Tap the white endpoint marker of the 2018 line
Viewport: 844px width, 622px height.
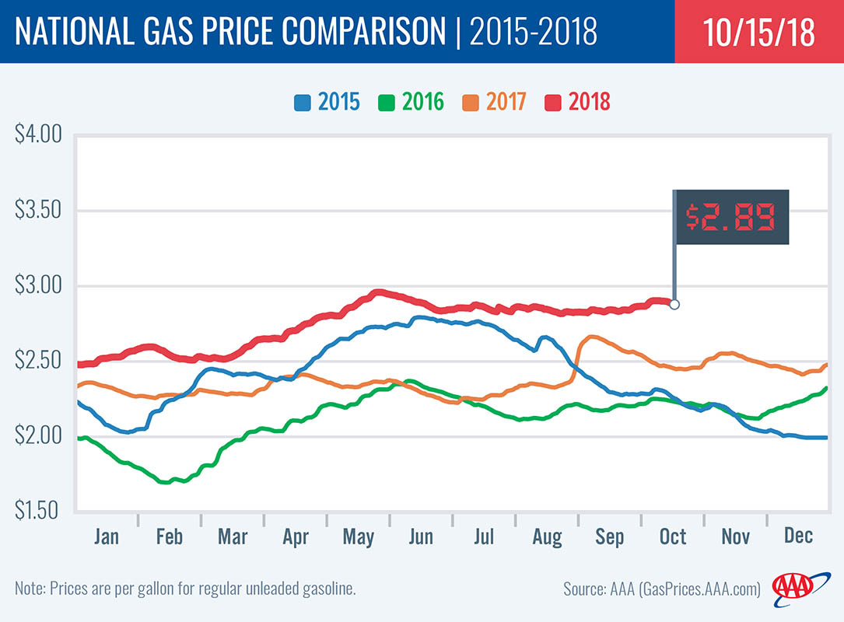tap(674, 304)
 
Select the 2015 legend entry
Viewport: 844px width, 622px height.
tap(327, 102)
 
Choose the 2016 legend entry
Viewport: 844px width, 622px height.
tap(411, 102)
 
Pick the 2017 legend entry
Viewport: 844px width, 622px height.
tap(496, 102)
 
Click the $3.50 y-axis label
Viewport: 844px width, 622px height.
tap(37, 211)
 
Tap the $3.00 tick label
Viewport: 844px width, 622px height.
tap(37, 285)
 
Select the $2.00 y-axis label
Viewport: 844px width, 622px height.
tap(37, 436)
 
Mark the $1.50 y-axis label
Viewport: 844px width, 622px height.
tap(37, 511)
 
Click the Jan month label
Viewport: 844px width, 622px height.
tap(107, 536)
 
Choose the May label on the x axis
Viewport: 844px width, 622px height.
tap(358, 537)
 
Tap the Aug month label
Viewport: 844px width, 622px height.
tap(547, 537)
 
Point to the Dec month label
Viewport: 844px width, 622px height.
tap(798, 536)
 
